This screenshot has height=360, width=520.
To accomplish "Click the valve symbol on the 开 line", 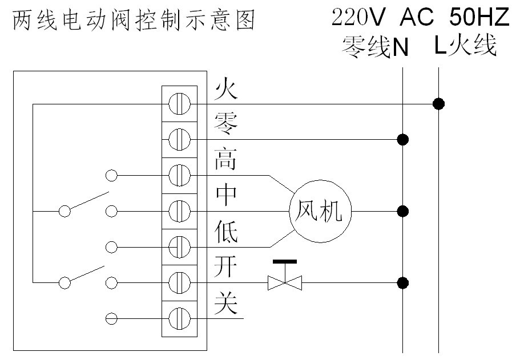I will [285, 281].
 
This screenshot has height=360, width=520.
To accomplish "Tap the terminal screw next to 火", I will [179, 104].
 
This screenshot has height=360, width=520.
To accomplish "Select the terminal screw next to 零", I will [179, 139].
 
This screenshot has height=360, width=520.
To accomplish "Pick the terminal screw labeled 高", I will [179, 175].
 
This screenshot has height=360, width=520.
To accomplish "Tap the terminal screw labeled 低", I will [179, 246].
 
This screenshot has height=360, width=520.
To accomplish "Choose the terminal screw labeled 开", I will [179, 281].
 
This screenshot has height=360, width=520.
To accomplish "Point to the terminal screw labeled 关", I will [179, 317].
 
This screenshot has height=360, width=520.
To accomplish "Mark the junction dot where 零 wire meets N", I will [403, 139].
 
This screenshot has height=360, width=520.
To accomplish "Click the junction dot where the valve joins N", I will [403, 282].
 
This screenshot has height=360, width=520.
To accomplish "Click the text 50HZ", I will [478, 18].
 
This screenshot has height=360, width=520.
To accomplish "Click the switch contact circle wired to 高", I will [112, 175].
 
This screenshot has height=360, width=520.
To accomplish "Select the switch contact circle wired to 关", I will [112, 317].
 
